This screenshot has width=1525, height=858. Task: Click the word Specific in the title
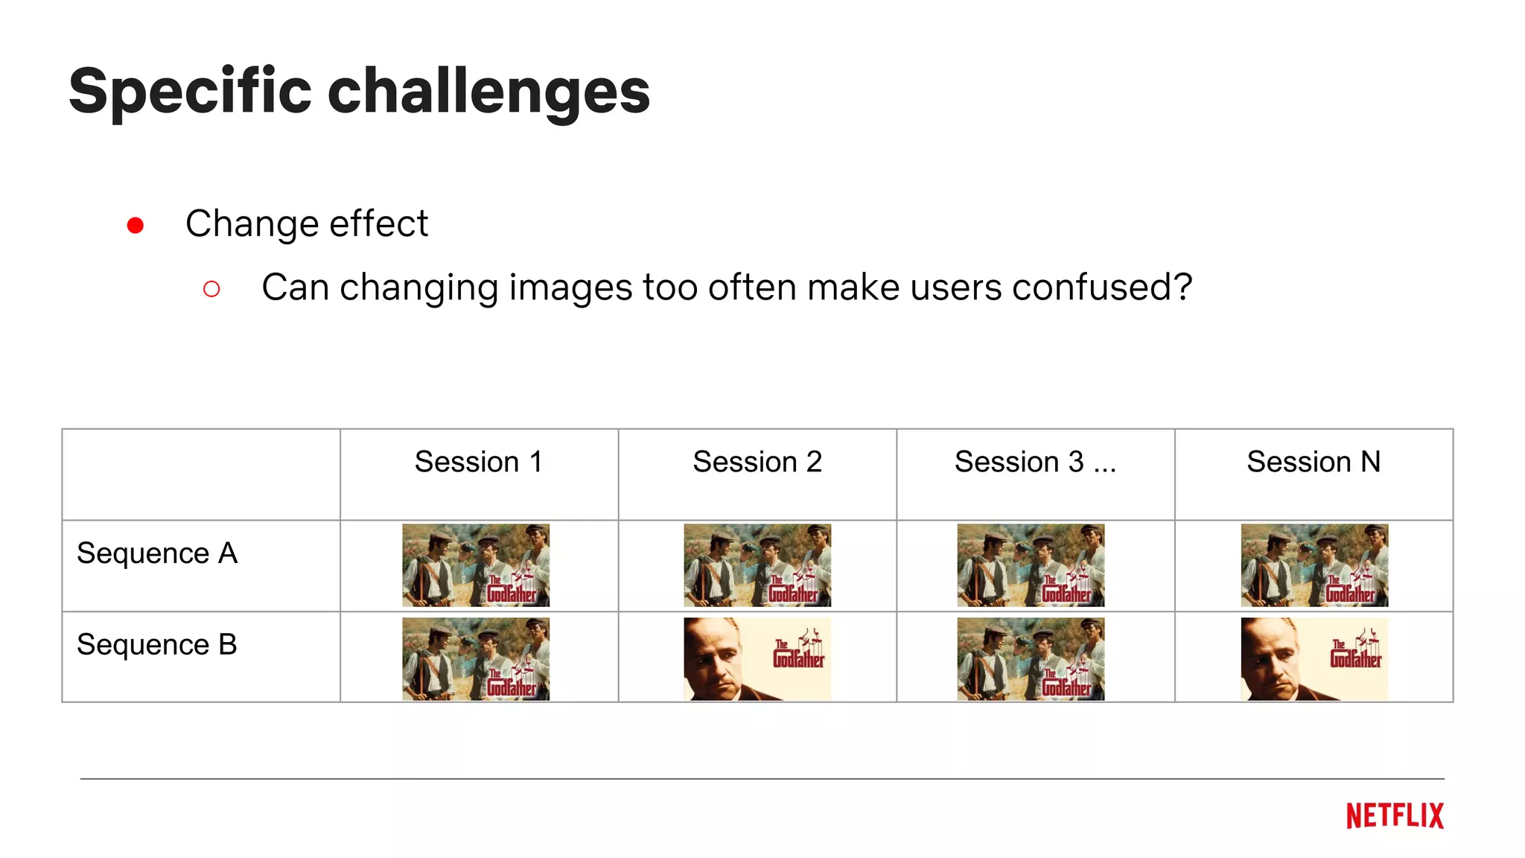pyautogui.click(x=190, y=92)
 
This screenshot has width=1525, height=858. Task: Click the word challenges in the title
pyautogui.click(x=488, y=92)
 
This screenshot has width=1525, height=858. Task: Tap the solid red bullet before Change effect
pyautogui.click(x=136, y=225)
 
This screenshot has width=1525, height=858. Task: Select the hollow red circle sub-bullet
pyautogui.click(x=211, y=289)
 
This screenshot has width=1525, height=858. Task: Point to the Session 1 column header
pyautogui.click(x=478, y=462)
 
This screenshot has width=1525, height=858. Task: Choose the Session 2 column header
pyautogui.click(x=757, y=462)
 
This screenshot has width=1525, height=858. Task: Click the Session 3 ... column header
pyautogui.click(x=1035, y=462)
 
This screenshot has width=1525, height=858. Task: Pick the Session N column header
pyautogui.click(x=1314, y=462)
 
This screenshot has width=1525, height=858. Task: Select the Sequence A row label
pyautogui.click(x=157, y=553)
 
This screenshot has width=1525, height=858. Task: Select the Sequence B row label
pyautogui.click(x=157, y=645)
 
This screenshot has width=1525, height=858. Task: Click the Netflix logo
pyautogui.click(x=1395, y=816)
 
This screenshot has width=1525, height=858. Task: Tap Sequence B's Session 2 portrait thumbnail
pyautogui.click(x=757, y=659)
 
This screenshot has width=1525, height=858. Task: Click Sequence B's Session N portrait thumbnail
pyautogui.click(x=1314, y=659)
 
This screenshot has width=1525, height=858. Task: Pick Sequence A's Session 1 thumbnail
pyautogui.click(x=476, y=565)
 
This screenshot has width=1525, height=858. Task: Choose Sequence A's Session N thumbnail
pyautogui.click(x=1314, y=565)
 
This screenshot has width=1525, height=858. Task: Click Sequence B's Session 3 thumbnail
pyautogui.click(x=1031, y=659)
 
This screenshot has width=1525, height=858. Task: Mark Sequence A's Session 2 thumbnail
pyautogui.click(x=757, y=565)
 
